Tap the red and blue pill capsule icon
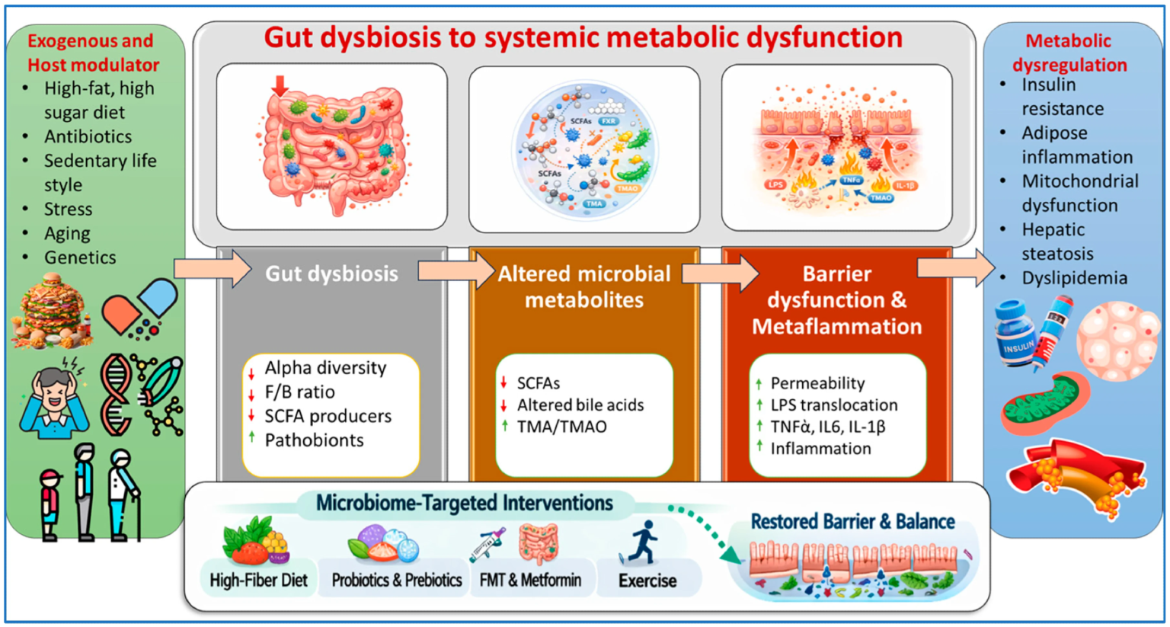click(139, 308)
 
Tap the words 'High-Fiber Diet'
click(258, 581)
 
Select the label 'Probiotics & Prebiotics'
click(396, 581)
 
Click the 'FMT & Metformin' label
click(530, 581)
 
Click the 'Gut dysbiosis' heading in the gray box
click(331, 274)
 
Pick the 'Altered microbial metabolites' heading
click(584, 286)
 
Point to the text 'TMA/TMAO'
click(561, 427)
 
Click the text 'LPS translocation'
click(834, 405)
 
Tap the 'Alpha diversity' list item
click(325, 368)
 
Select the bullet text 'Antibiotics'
click(88, 137)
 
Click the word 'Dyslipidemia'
click(1074, 278)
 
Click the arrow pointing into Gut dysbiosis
click(213, 269)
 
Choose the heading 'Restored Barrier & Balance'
click(852, 522)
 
